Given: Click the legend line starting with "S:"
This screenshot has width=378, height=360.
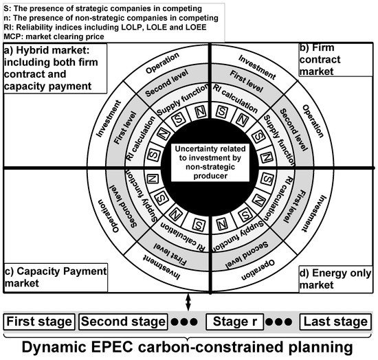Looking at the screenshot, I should pyautogui.click(x=103, y=8).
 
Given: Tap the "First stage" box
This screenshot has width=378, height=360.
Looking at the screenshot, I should pyautogui.click(x=39, y=321).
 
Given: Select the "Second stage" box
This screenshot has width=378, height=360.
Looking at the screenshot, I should pyautogui.click(x=123, y=321).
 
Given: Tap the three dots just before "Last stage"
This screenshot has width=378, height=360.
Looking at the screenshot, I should pyautogui.click(x=284, y=322).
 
